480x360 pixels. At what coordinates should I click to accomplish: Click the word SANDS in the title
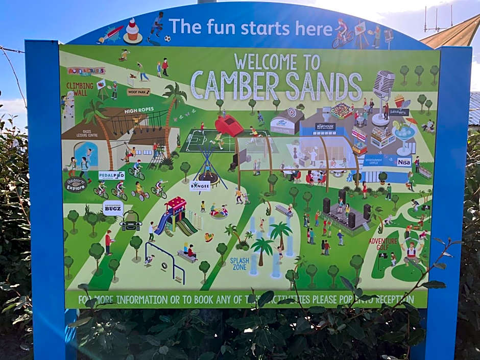(x=323, y=86)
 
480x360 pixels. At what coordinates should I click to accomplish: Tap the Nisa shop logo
(x=404, y=161)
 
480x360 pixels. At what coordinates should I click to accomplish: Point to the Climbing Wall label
(x=80, y=89)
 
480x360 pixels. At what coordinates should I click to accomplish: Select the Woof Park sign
(x=138, y=92)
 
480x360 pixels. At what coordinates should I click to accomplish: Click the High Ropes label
(x=139, y=110)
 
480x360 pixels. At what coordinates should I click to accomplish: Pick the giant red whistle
(x=228, y=125)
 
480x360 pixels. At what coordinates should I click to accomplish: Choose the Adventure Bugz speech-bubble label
(x=113, y=208)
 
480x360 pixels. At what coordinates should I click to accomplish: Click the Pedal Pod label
(x=112, y=175)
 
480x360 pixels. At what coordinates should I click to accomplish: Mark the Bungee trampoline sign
(x=200, y=185)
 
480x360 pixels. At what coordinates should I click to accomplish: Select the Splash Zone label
(x=239, y=263)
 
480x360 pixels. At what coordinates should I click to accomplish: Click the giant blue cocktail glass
(x=405, y=134)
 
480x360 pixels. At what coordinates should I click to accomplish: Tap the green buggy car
(x=131, y=221)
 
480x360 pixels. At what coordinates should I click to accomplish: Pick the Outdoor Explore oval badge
(x=76, y=184)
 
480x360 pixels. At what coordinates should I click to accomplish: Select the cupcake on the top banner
(x=133, y=31)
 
